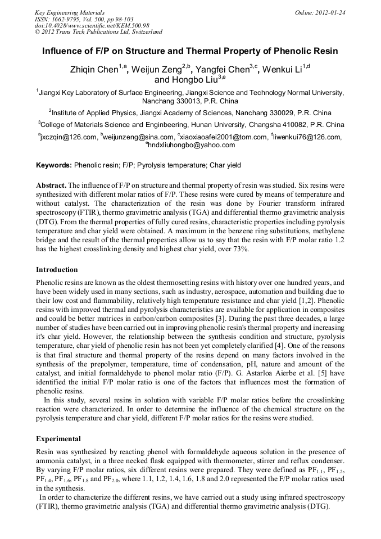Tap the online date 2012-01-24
click(326, 12)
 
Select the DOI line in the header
click(92, 25)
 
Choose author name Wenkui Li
click(283, 70)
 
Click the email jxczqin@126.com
click(68, 137)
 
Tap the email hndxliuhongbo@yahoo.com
click(191, 145)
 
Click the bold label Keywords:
click(54, 165)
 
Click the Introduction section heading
click(57, 269)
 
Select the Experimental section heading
click(58, 438)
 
